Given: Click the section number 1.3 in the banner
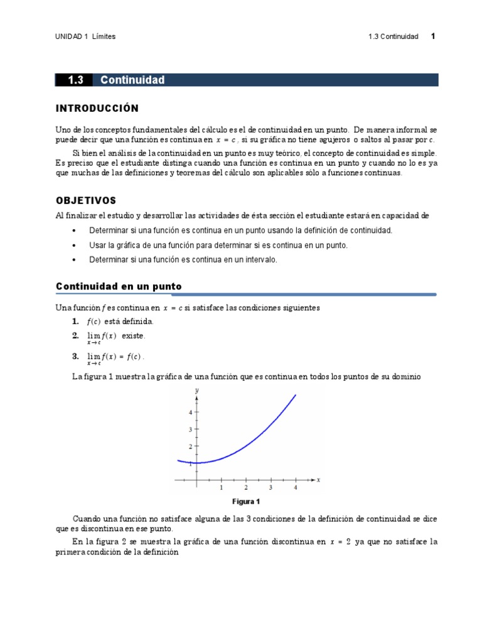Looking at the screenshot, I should pyautogui.click(x=75, y=80).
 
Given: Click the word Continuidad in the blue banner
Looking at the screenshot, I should pyautogui.click(x=132, y=80).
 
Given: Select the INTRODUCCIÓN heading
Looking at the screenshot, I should pyautogui.click(x=97, y=109).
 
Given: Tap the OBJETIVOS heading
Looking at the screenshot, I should pyautogui.click(x=86, y=201).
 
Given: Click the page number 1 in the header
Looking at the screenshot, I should pyautogui.click(x=433, y=36).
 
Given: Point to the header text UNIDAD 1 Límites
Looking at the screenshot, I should pyautogui.click(x=86, y=36).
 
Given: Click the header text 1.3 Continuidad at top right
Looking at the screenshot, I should pyautogui.click(x=393, y=36).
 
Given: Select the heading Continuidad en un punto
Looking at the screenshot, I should pyautogui.click(x=119, y=286).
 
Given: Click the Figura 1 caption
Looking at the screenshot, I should pyautogui.click(x=245, y=502).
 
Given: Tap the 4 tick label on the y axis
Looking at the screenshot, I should pyautogui.click(x=190, y=413).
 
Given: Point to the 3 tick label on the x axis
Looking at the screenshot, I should pyautogui.click(x=270, y=487).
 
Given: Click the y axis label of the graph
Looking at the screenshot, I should pyautogui.click(x=197, y=391).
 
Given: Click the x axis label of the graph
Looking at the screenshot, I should pyautogui.click(x=318, y=480).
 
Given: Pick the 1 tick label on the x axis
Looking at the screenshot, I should pyautogui.click(x=221, y=487).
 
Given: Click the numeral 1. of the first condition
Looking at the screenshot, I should pyautogui.click(x=75, y=321).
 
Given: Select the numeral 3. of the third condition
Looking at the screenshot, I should pyautogui.click(x=75, y=357).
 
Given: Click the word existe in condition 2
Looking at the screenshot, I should pyautogui.click(x=133, y=336).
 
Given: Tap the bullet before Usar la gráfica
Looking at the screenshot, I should pyautogui.click(x=75, y=245).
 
